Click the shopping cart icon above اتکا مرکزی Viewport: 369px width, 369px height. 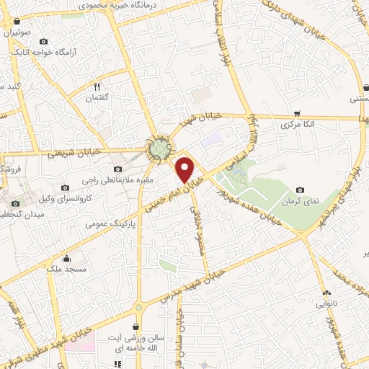pyautogui.click(x=297, y=114)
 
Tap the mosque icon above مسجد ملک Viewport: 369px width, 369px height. pyautogui.click(x=68, y=258)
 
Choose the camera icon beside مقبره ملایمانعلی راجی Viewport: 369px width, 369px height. pyautogui.click(x=117, y=169)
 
